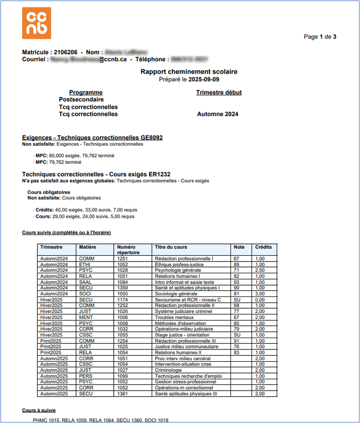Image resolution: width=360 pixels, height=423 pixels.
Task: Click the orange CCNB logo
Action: (x=37, y=23)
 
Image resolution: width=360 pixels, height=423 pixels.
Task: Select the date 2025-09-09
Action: (x=204, y=80)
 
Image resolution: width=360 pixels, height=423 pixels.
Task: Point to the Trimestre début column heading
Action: (x=219, y=93)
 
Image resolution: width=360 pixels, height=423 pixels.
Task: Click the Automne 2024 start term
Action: (x=218, y=114)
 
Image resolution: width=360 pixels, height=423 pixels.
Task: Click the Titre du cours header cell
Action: (x=171, y=248)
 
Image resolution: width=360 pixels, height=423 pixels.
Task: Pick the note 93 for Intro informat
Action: (x=237, y=282)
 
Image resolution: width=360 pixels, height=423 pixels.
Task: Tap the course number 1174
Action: (x=122, y=299)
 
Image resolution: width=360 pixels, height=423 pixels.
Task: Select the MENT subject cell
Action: (x=86, y=318)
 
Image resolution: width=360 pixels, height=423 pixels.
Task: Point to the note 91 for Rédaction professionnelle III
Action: (x=237, y=341)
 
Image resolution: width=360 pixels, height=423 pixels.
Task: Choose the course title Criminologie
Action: (x=169, y=370)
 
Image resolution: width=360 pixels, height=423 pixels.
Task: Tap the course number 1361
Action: (x=122, y=394)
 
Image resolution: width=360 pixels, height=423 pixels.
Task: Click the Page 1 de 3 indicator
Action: (x=320, y=37)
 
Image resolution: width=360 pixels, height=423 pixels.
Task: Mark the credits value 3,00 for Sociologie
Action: (x=260, y=294)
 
